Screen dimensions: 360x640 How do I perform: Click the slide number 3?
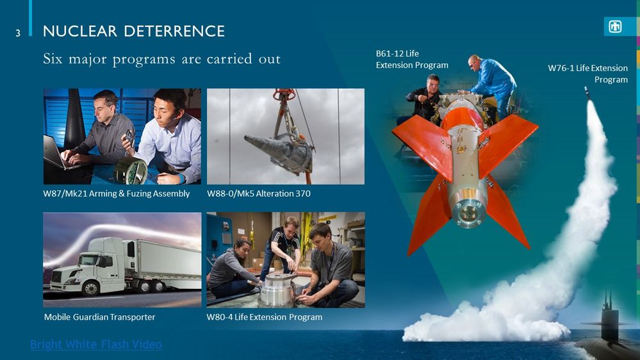click(19, 32)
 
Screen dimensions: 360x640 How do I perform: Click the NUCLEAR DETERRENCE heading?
click(133, 31)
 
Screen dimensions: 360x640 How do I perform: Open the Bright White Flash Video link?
click(95, 345)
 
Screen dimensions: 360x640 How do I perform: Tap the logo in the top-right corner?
click(615, 27)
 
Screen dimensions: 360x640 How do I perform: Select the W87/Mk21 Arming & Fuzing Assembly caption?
click(116, 193)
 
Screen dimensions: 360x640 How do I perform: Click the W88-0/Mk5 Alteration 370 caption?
click(259, 193)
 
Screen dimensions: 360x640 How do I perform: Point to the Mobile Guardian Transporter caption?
click(99, 317)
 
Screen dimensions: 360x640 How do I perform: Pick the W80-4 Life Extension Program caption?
click(264, 317)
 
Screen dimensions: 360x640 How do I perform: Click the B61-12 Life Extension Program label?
click(412, 59)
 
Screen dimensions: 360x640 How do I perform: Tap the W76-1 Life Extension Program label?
click(587, 74)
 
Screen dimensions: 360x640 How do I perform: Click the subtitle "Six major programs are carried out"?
click(161, 60)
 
